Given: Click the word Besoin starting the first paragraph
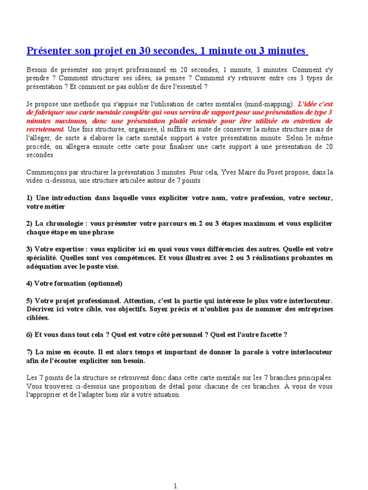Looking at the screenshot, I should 37,69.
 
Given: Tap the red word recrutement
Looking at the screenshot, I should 46,129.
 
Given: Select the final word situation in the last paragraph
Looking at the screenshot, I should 165,395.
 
